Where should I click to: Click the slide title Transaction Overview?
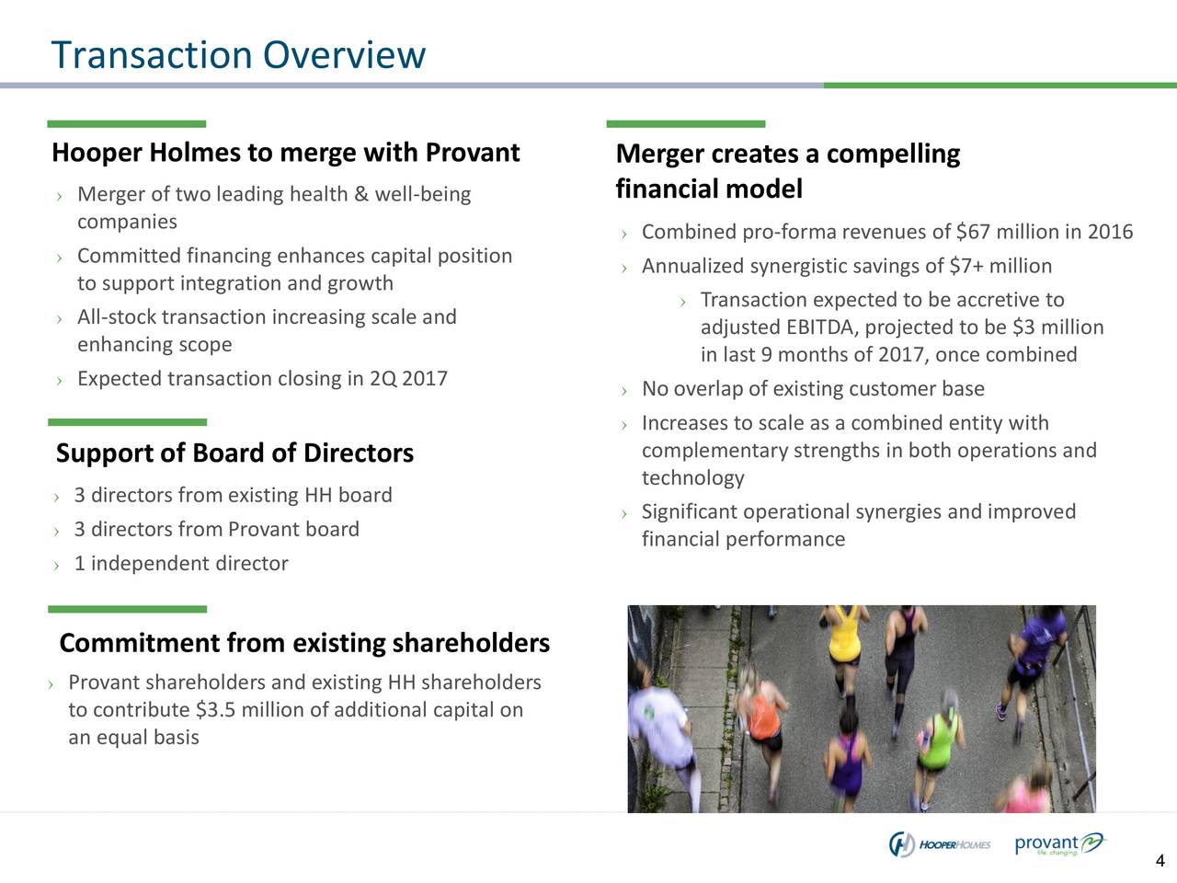point(238,55)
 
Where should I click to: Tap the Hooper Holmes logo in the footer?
point(939,844)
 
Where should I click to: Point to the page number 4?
point(1160,862)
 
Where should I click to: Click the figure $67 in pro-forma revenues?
point(973,232)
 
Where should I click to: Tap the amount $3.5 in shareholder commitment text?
point(214,710)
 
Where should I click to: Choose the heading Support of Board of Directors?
point(234,453)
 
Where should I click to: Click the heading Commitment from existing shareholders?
point(304,643)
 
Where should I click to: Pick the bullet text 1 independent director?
point(181,564)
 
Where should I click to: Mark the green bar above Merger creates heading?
point(685,124)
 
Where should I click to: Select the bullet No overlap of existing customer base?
point(813,390)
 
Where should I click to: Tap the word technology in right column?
point(692,478)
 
